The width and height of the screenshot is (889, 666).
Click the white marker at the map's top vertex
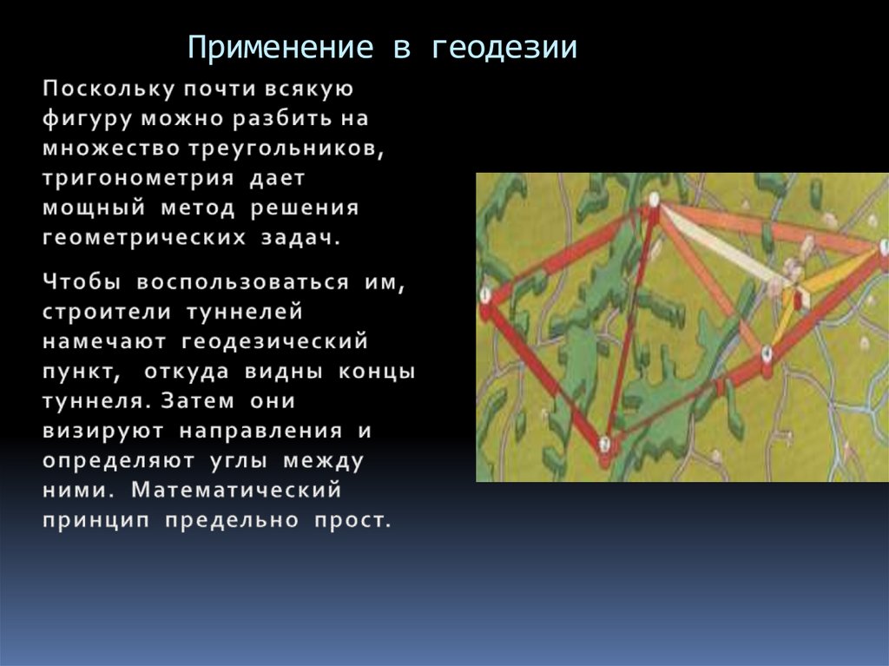(x=654, y=200)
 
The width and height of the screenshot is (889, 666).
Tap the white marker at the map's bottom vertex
(x=605, y=443)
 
